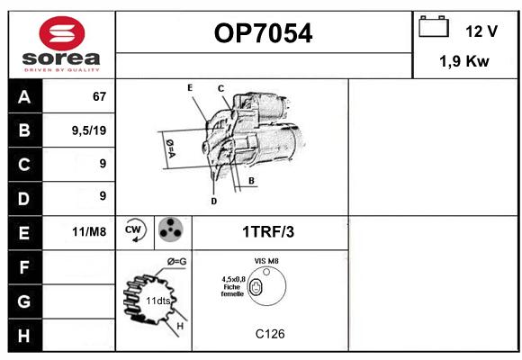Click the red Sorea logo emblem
pyautogui.click(x=62, y=33)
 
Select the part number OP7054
pyautogui.click(x=263, y=33)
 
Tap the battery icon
pyautogui.click(x=434, y=26)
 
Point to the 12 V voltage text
pyautogui.click(x=481, y=31)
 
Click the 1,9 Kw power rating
pyautogui.click(x=464, y=61)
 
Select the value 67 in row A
pyautogui.click(x=99, y=96)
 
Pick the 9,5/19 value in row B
pyautogui.click(x=89, y=130)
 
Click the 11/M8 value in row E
pyautogui.click(x=89, y=232)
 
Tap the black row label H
pyautogui.click(x=24, y=336)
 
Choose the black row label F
pyautogui.click(x=24, y=266)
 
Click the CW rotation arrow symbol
pyautogui.click(x=134, y=230)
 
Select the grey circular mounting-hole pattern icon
pyautogui.click(x=170, y=229)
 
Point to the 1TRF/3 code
pyautogui.click(x=268, y=232)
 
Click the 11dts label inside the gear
pyautogui.click(x=157, y=301)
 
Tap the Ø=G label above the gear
pyautogui.click(x=176, y=262)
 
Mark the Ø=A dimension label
pyautogui.click(x=170, y=148)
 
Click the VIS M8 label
pyautogui.click(x=266, y=261)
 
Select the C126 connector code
pyautogui.click(x=270, y=334)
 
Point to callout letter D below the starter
pyautogui.click(x=213, y=201)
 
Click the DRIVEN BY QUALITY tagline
pyautogui.click(x=62, y=70)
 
